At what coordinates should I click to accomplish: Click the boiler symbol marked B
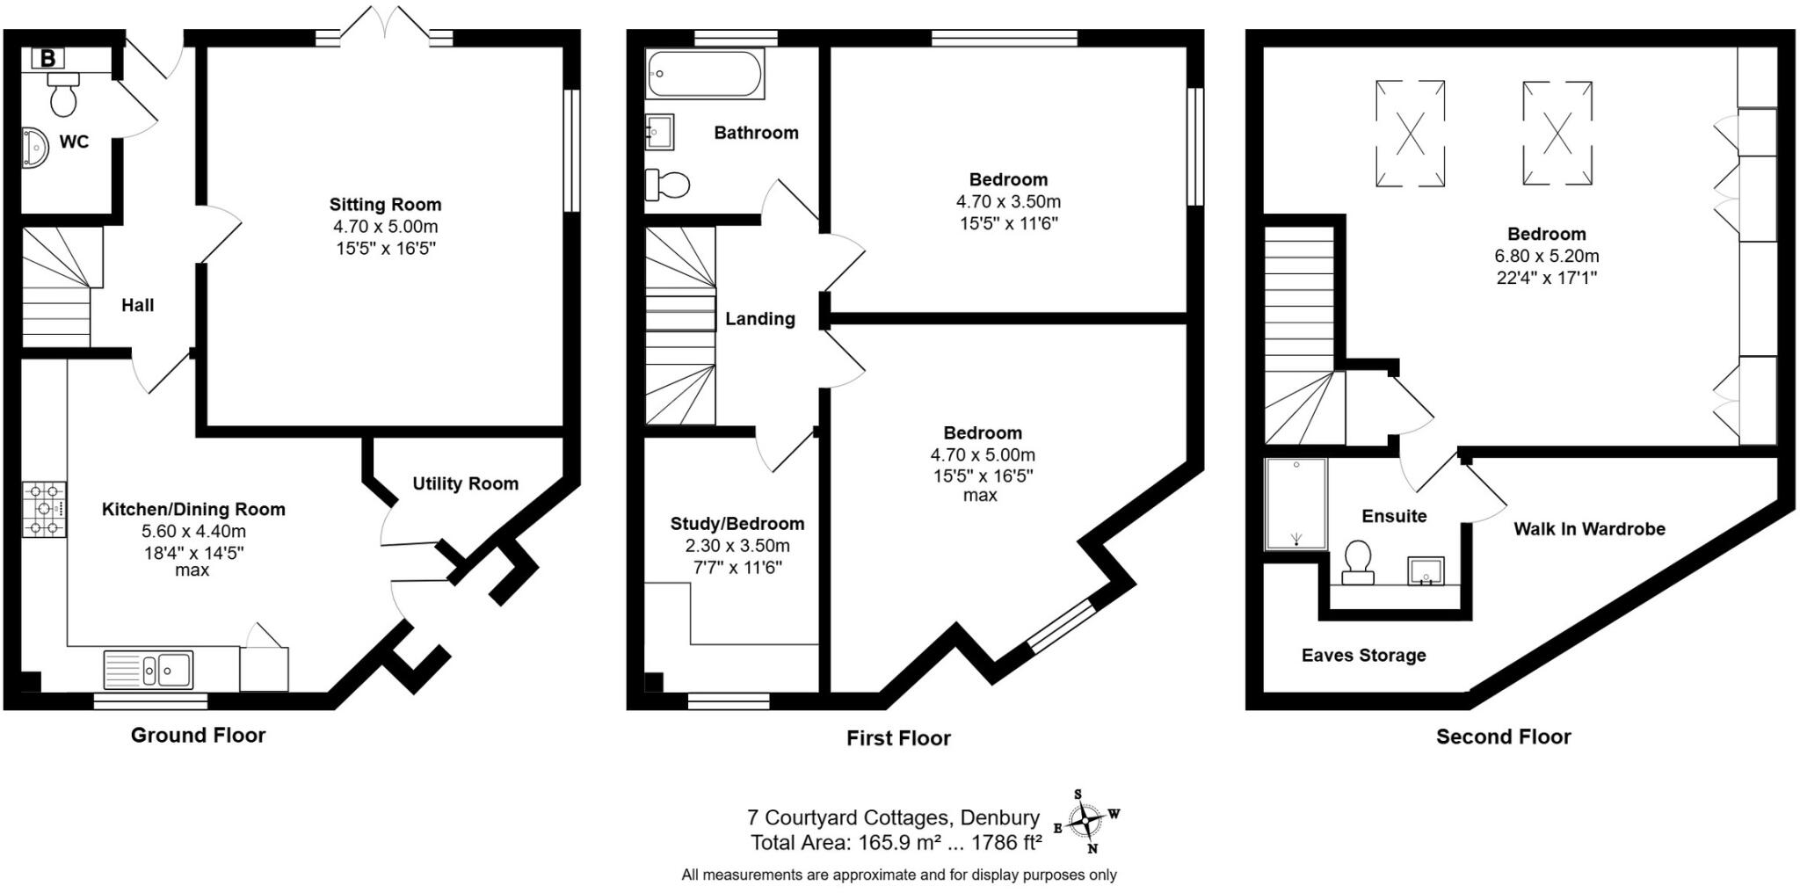coord(48,59)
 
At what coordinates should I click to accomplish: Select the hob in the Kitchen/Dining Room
coord(44,509)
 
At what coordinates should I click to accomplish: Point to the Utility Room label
coord(465,483)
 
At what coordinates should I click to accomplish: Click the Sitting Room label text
coord(385,205)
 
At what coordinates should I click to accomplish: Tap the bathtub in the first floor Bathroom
coord(704,74)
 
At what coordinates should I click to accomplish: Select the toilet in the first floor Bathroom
coord(668,185)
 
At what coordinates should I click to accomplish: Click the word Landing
coord(759,319)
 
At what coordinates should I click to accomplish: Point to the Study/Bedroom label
coord(737,524)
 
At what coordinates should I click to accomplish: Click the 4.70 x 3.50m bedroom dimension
coord(1008,201)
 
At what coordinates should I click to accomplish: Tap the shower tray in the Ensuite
coord(1296,504)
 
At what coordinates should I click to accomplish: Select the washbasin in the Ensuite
coord(1425,570)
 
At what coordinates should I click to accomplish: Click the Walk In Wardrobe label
coord(1589,529)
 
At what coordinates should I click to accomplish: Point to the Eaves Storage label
coord(1363,655)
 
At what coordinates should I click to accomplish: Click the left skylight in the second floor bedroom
coord(1410,134)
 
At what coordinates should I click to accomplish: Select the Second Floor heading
coord(1503,737)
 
